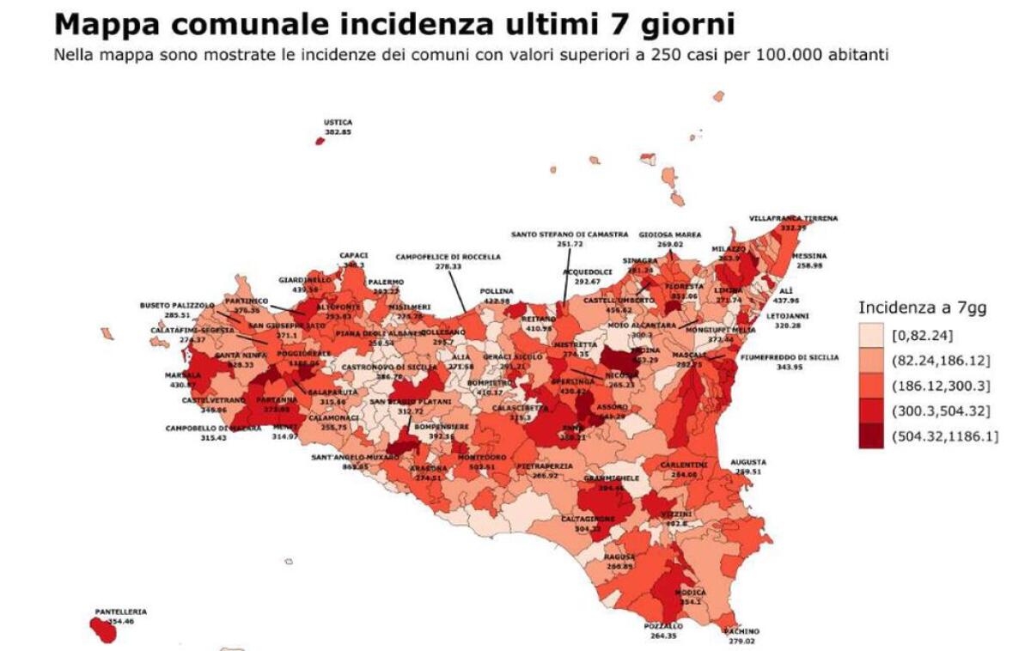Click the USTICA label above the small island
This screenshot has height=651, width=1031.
[x=338, y=123]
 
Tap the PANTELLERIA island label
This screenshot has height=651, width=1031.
[x=121, y=611]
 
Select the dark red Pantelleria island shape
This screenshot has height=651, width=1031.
[x=103, y=630]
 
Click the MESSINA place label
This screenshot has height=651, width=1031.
[x=809, y=256]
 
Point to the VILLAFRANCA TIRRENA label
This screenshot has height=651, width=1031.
[x=793, y=218]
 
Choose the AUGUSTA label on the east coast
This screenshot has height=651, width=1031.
[x=747, y=462]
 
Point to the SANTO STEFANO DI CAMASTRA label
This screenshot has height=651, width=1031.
[x=559, y=234]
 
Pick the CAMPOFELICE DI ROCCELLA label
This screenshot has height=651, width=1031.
[x=442, y=257]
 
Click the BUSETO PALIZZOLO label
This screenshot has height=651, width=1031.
[x=178, y=305]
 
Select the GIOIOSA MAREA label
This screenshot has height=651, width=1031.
[x=670, y=234]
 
